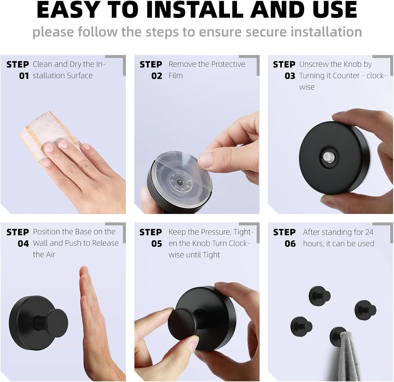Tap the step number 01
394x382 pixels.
24,76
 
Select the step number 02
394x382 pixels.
157,76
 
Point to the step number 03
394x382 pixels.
290,76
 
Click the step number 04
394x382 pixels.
23,244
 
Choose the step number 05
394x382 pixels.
157,244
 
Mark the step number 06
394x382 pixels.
290,244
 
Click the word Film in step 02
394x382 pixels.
175,76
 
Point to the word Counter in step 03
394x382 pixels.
346,76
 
